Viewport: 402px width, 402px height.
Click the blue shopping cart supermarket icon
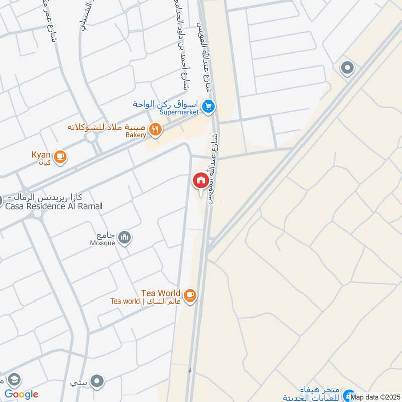point(210,106)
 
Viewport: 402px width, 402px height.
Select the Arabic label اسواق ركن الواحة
point(166,104)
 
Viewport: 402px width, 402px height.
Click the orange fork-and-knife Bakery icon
point(156,130)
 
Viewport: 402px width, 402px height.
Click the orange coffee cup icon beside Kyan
point(60,157)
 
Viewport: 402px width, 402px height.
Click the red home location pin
point(200,180)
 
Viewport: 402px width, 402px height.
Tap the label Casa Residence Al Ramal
point(54,206)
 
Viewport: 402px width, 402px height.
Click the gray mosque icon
point(124,237)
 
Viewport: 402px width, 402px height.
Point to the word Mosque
point(102,243)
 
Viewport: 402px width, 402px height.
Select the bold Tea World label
point(160,293)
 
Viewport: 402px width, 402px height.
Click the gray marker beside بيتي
point(98,381)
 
